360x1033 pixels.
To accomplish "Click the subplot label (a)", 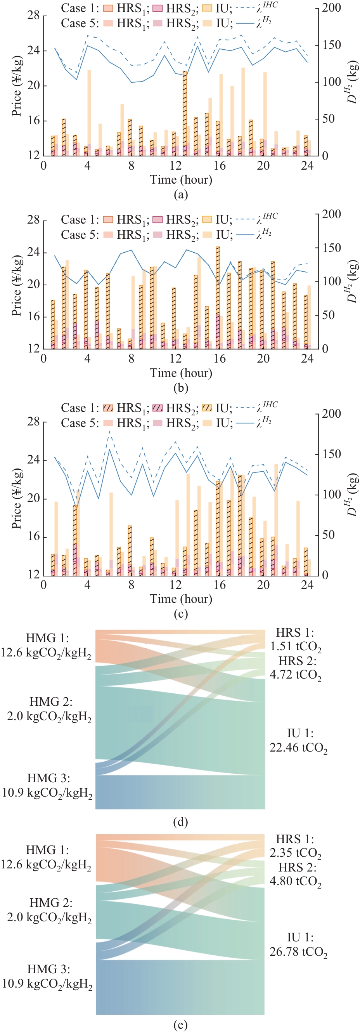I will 180,194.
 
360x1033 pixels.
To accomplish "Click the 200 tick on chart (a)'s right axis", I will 331,8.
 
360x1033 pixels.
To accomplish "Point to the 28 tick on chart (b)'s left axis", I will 34,220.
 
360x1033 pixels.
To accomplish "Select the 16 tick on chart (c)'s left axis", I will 34,536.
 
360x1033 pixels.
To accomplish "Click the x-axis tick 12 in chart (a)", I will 176,166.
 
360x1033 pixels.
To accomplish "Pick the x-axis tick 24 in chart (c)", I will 307,585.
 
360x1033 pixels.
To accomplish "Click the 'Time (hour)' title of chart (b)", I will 181,373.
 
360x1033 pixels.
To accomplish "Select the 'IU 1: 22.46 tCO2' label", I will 298,740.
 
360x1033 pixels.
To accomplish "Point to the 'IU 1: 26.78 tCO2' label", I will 298,944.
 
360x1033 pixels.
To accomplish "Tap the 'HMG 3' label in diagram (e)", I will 47,976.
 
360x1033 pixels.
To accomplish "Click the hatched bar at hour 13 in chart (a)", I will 185,112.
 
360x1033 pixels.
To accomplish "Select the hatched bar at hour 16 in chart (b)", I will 218,297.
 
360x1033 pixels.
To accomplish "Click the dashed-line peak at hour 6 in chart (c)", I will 110,432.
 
